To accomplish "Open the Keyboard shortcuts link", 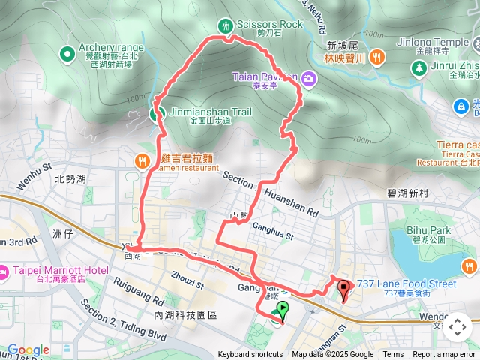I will tap(250, 355).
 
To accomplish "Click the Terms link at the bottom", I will tap(393, 355).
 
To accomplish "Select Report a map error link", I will tap(444, 355).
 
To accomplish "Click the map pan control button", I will tap(457, 328).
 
